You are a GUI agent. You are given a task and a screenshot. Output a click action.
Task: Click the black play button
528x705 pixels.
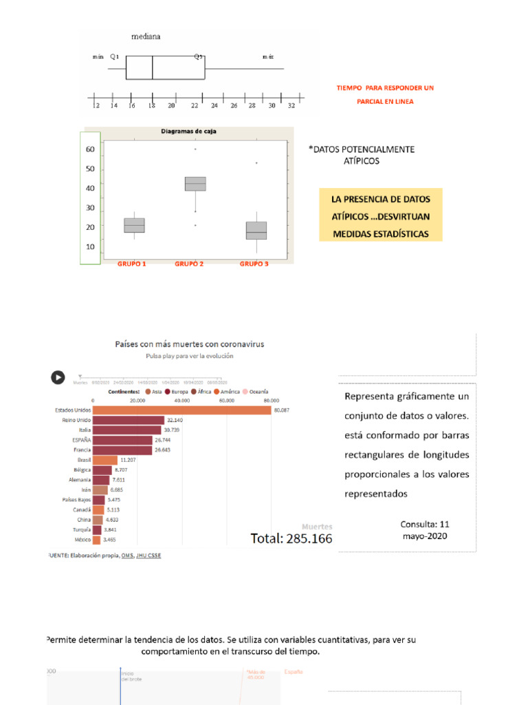click(x=58, y=377)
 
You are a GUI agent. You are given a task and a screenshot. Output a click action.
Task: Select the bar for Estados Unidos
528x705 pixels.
click(x=181, y=410)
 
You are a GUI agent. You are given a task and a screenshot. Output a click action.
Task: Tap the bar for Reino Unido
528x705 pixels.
click(x=128, y=420)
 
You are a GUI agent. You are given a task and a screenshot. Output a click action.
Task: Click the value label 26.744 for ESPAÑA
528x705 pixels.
click(x=163, y=440)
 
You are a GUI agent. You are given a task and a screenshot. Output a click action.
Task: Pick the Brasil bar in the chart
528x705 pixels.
click(x=104, y=460)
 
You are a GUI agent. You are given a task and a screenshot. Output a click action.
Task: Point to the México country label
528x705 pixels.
click(x=82, y=540)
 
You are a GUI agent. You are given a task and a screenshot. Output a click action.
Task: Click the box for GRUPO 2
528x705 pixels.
click(x=195, y=184)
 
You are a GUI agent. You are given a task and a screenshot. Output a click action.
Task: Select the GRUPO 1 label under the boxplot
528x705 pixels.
click(x=131, y=264)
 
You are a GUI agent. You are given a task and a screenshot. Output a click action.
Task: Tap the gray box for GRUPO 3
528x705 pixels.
click(x=256, y=231)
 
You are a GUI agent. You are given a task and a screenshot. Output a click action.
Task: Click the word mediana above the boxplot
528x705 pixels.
click(x=146, y=36)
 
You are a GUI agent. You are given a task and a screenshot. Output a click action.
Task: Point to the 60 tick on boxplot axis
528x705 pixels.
click(x=90, y=149)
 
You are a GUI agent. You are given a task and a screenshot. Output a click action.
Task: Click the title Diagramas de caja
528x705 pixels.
click(x=189, y=131)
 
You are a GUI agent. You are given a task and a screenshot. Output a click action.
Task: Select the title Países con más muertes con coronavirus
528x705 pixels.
click(x=189, y=344)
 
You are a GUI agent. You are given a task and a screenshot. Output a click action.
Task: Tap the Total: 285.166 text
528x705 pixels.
click(x=291, y=538)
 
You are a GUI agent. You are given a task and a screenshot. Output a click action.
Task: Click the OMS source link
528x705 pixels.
click(x=127, y=555)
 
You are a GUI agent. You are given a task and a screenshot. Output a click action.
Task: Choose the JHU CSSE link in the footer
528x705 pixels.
click(x=148, y=555)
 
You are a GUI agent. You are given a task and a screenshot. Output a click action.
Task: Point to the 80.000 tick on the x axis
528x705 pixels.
click(x=270, y=400)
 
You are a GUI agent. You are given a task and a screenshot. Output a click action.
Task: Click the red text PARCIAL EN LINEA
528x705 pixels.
click(x=385, y=102)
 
